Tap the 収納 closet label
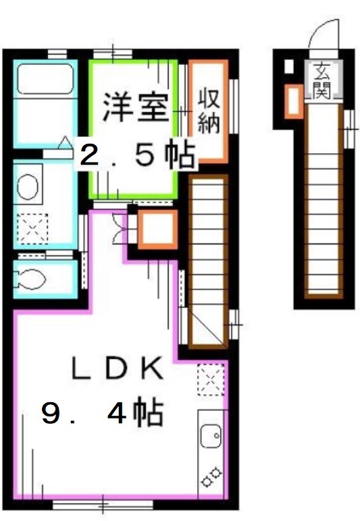(x=209, y=111)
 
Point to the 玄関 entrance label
(x=322, y=79)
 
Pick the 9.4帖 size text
(x=101, y=413)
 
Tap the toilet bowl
(x=30, y=277)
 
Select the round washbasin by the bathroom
(x=28, y=187)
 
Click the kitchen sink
(x=211, y=437)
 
